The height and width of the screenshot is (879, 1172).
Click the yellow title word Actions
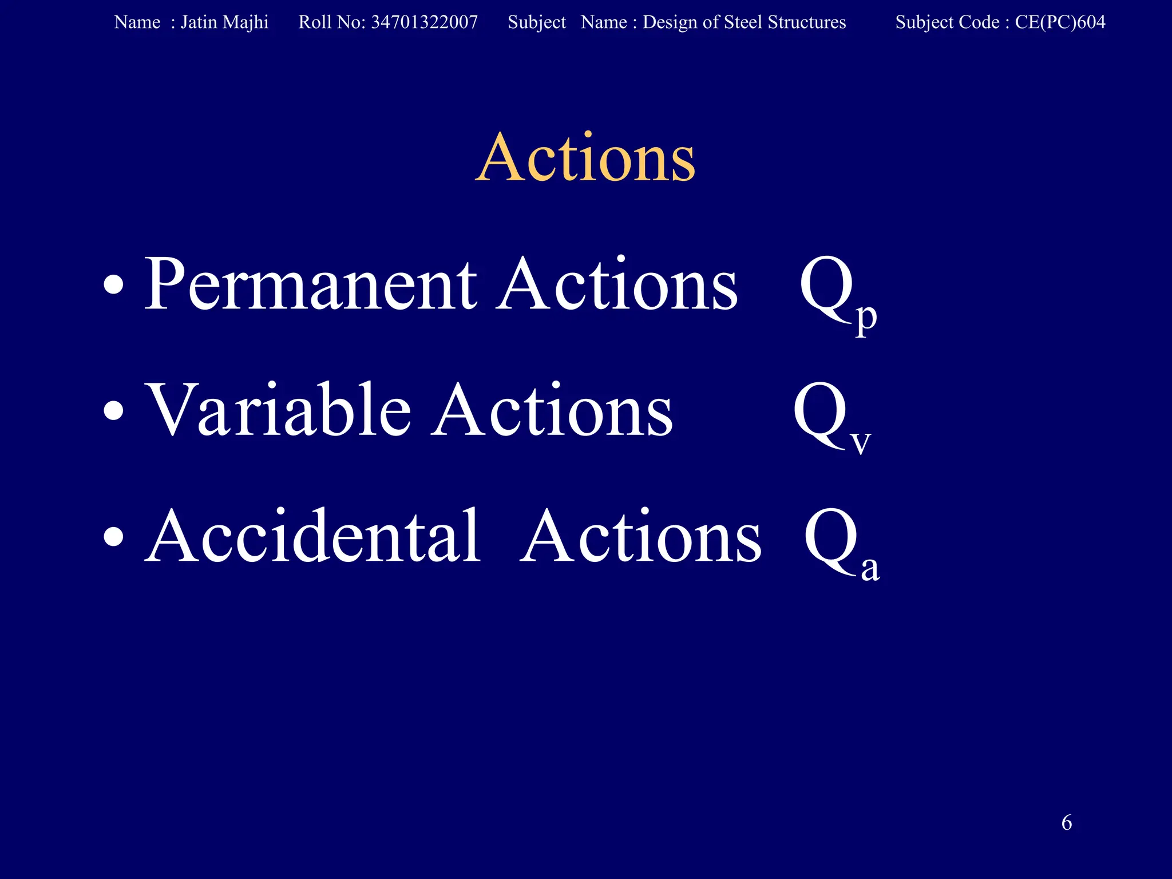click(x=585, y=158)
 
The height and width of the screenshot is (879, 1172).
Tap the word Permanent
click(x=310, y=284)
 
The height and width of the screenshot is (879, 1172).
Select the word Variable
click(x=279, y=410)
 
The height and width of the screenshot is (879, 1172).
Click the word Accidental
click(x=313, y=537)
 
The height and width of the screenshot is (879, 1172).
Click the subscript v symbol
click(x=861, y=443)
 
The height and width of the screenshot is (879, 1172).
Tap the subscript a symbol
click(x=870, y=568)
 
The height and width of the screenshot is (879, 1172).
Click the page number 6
click(x=1067, y=823)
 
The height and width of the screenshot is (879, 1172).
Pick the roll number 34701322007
click(x=424, y=22)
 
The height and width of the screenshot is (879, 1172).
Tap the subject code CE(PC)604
click(x=1060, y=22)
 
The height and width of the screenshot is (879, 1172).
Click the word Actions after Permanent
click(x=617, y=284)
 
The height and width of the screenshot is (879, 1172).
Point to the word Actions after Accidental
click(x=641, y=537)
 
